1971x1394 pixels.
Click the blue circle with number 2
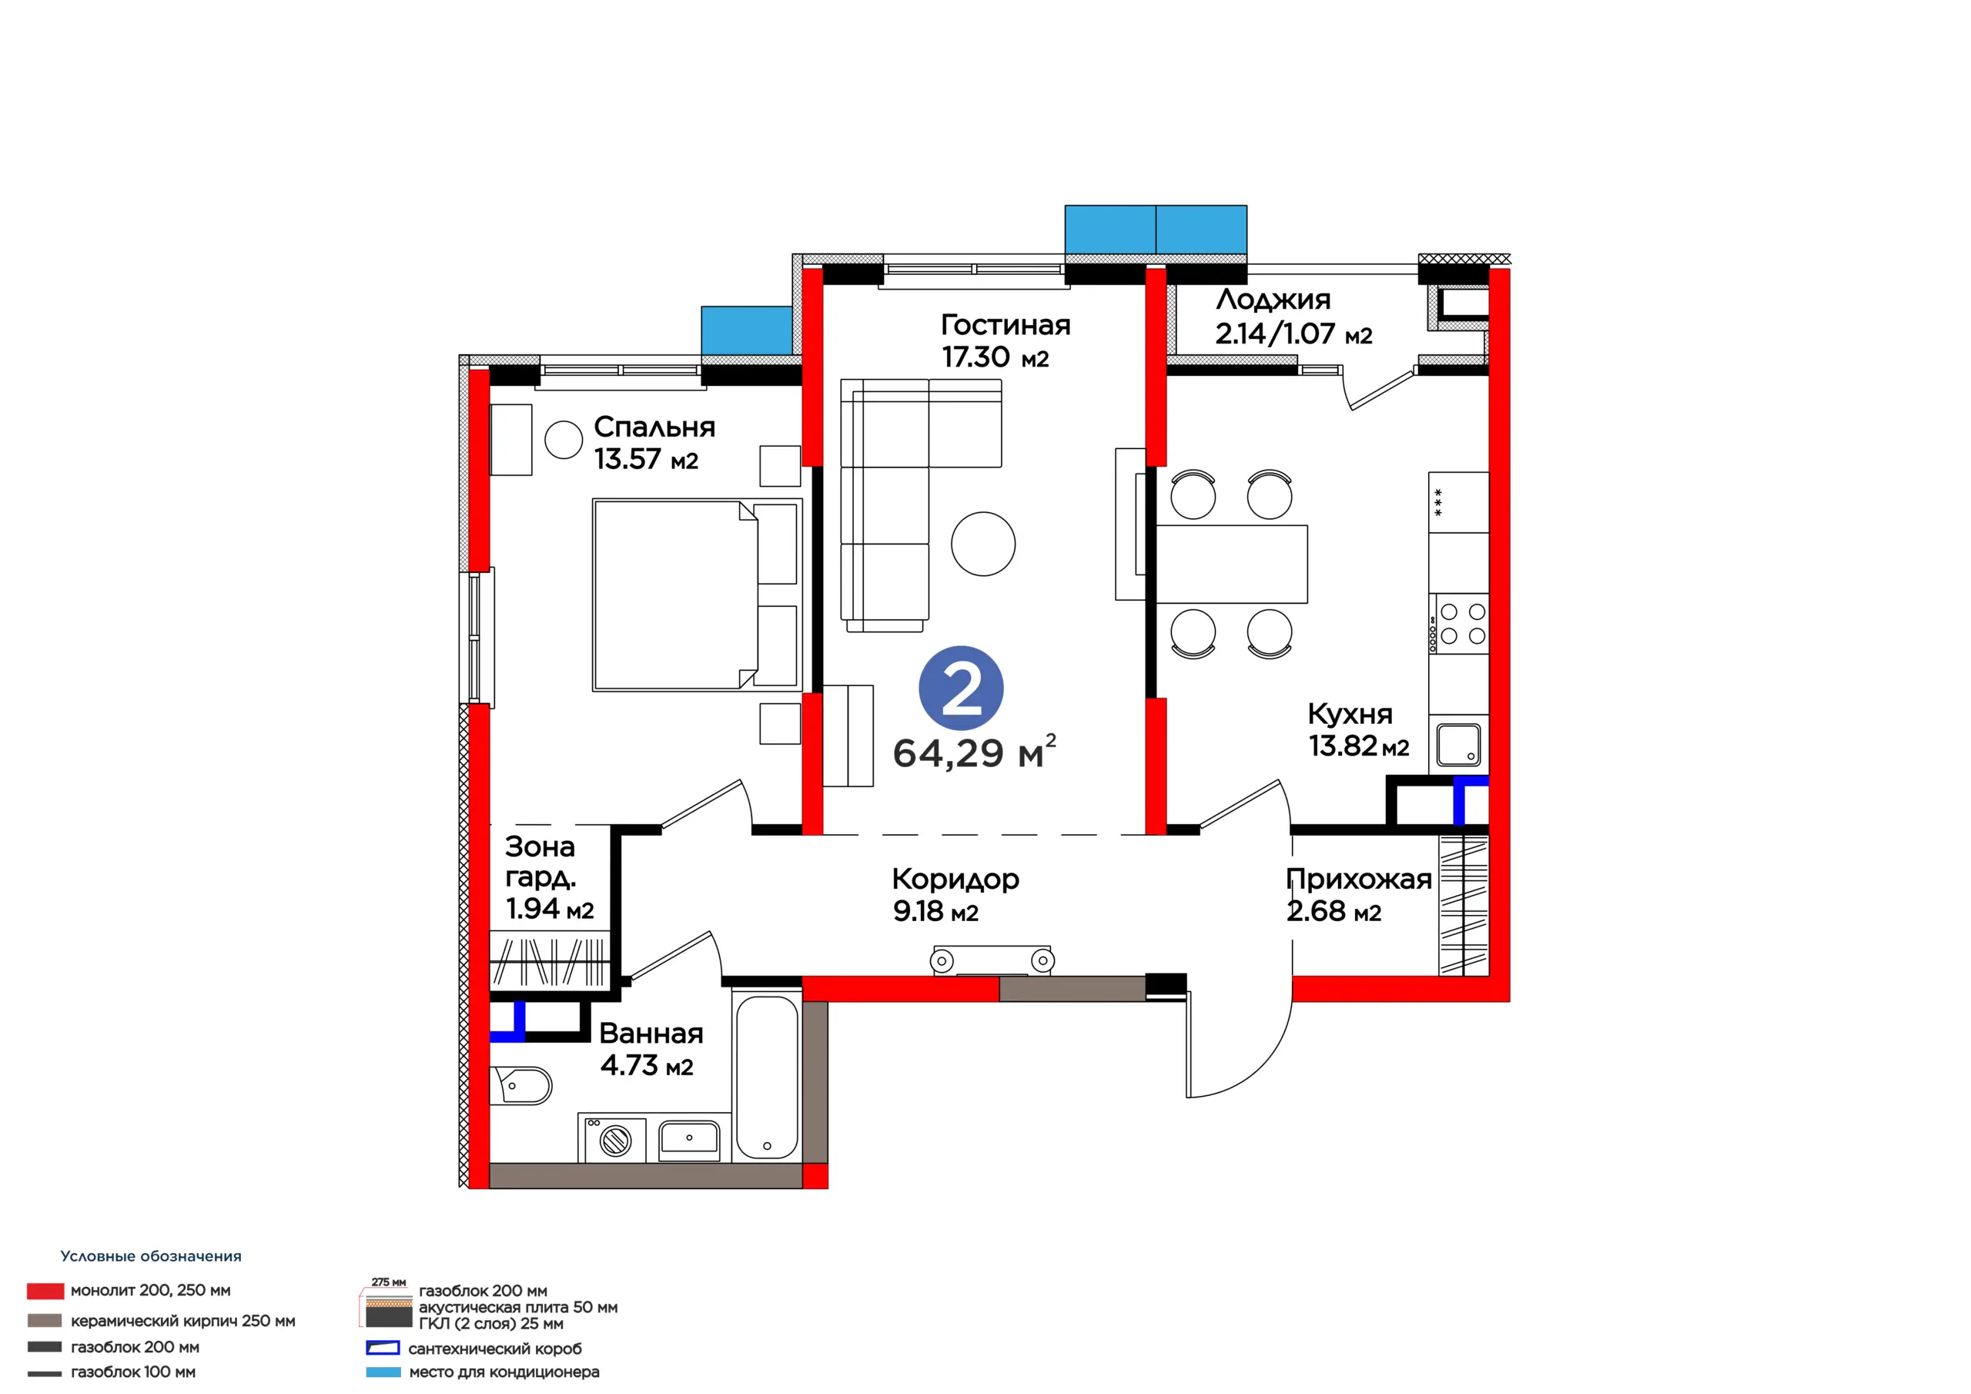[961, 688]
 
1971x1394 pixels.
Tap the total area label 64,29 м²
[975, 752]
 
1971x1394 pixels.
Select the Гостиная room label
[1006, 325]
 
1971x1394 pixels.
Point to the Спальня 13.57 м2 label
[654, 443]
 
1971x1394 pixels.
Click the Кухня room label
[1350, 714]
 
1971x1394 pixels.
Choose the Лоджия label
[1273, 299]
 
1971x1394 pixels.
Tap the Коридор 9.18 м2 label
[955, 895]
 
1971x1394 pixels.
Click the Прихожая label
[1359, 879]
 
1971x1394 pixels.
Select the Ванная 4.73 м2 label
[651, 1049]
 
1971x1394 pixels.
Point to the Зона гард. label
[540, 862]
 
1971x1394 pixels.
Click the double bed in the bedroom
[697, 595]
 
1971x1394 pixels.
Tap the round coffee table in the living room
[983, 544]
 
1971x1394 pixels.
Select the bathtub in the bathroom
[767, 1075]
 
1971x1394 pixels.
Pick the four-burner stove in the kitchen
[1458, 624]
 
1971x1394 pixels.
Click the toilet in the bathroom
[520, 1086]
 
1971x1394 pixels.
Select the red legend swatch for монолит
[45, 1291]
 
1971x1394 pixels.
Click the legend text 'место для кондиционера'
[504, 1372]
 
